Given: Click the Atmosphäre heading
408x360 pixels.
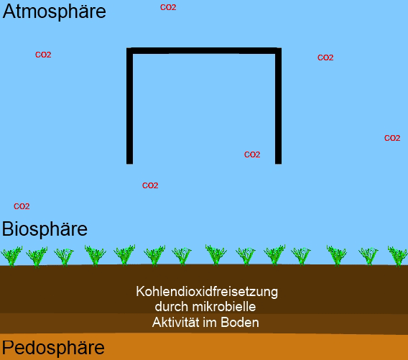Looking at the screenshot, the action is click(x=54, y=11).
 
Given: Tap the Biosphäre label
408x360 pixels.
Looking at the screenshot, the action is click(x=45, y=229).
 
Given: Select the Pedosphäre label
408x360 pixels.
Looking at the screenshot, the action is click(x=53, y=348).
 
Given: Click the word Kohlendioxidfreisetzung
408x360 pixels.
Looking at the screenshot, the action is click(x=207, y=292).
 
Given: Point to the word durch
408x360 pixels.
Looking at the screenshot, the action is click(x=172, y=307).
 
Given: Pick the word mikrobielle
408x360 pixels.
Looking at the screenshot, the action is click(x=224, y=307).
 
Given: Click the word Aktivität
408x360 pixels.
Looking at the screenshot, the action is click(x=176, y=322).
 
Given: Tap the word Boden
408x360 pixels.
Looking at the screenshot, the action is click(x=240, y=322).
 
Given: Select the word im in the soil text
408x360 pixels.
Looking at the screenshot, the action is click(x=210, y=322).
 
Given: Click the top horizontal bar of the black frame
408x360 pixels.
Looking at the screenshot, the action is click(x=204, y=51).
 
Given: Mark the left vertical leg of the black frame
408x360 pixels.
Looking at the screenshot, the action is click(x=129, y=106).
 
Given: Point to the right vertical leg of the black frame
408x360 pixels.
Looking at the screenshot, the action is click(x=278, y=106).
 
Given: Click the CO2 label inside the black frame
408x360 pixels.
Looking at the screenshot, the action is click(x=252, y=154).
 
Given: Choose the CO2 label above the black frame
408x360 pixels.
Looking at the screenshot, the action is click(x=168, y=7).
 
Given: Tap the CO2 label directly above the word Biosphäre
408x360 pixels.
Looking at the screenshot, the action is click(x=22, y=206).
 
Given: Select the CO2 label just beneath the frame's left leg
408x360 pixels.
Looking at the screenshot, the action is click(x=150, y=185).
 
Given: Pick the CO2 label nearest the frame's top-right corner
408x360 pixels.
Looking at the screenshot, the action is click(x=325, y=57).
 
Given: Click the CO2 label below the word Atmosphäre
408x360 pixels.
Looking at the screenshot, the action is click(x=43, y=55).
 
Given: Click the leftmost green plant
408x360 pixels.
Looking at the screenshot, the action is click(x=11, y=257).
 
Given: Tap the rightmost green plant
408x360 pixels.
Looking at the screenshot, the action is click(x=398, y=257).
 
